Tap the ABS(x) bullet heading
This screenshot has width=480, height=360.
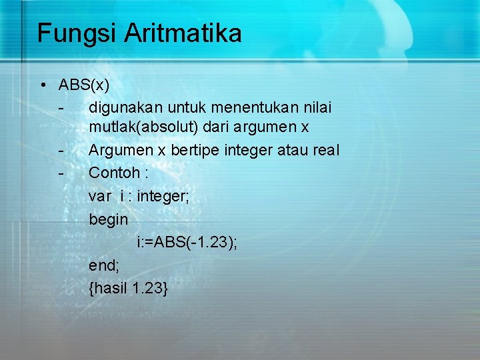coord(84,85)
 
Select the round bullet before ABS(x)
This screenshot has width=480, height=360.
coord(42,85)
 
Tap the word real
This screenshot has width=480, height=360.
coord(326,150)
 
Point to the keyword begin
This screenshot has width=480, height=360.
coord(108,219)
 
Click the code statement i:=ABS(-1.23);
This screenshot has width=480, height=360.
coord(187,243)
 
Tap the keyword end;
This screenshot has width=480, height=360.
coord(104,265)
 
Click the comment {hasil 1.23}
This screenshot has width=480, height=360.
coord(129,289)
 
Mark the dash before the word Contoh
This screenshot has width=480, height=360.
coord(61,173)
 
